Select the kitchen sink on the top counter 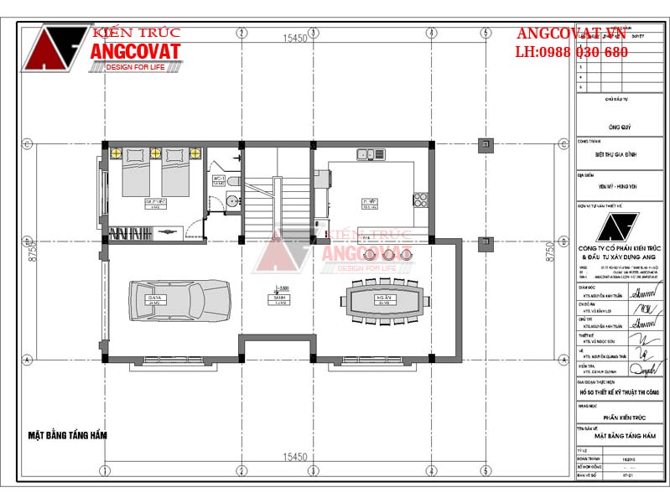(x=366, y=154)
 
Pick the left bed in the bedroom (x=138, y=174)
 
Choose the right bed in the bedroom (x=175, y=174)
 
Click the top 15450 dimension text (x=293, y=39)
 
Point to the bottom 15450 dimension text (x=293, y=457)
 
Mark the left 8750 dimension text (x=32, y=254)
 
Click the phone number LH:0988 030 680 (x=571, y=52)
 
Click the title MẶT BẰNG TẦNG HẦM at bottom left (x=68, y=435)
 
